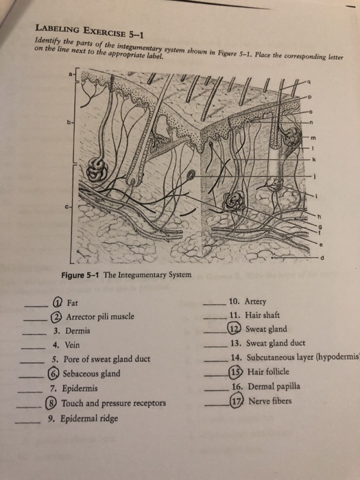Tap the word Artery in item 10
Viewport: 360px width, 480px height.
coord(255,301)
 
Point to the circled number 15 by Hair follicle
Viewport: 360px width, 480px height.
coord(237,372)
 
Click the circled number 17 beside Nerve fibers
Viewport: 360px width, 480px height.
coord(237,400)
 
